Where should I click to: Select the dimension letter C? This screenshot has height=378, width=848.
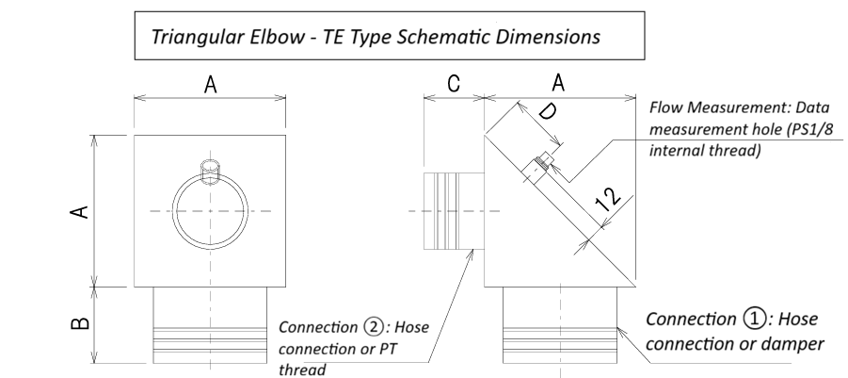pos(453,85)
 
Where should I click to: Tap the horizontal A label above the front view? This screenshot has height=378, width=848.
pos(211,85)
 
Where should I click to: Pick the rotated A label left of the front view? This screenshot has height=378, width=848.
pos(81,210)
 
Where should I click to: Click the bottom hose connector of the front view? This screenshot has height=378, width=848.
pos(211,325)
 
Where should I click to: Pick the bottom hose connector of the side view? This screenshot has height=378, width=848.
pos(561,325)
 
